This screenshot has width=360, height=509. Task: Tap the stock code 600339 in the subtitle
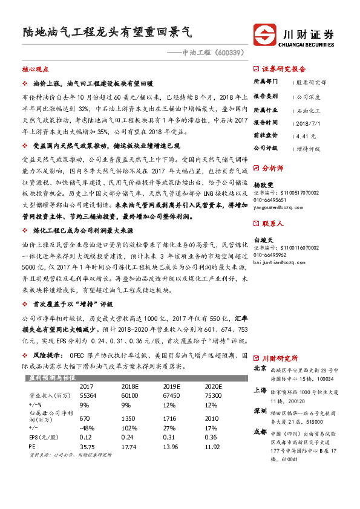[x=229, y=53]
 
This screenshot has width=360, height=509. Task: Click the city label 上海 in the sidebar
[x=260, y=391]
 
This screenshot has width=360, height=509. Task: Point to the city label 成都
[x=260, y=432]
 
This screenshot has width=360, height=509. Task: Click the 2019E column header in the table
[x=171, y=386]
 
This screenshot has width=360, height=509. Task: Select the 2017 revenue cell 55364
[x=88, y=395]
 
